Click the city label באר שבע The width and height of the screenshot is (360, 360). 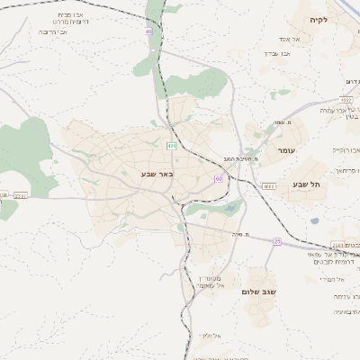157,172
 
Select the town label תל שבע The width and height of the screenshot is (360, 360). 307,184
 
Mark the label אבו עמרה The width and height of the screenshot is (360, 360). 334,109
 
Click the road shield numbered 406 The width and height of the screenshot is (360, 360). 171,145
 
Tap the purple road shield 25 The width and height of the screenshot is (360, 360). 277,241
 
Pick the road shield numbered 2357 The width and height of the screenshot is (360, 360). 21,194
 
